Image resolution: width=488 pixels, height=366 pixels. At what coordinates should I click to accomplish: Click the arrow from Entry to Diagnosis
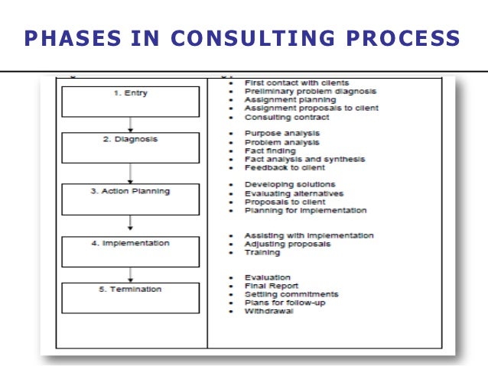coord(131,124)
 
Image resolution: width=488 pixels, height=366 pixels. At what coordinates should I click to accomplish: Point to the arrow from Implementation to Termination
coord(131,274)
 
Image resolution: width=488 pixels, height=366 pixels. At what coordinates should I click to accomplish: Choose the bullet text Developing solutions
coord(289,184)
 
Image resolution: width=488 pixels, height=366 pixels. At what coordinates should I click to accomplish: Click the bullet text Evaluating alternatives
coord(292,193)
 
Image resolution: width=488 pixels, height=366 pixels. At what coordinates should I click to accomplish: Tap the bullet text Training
coord(262,252)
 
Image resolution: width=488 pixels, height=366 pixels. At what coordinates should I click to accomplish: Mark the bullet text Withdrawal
coord(268,311)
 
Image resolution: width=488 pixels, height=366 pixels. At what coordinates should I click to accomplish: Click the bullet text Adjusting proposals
coord(287,244)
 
